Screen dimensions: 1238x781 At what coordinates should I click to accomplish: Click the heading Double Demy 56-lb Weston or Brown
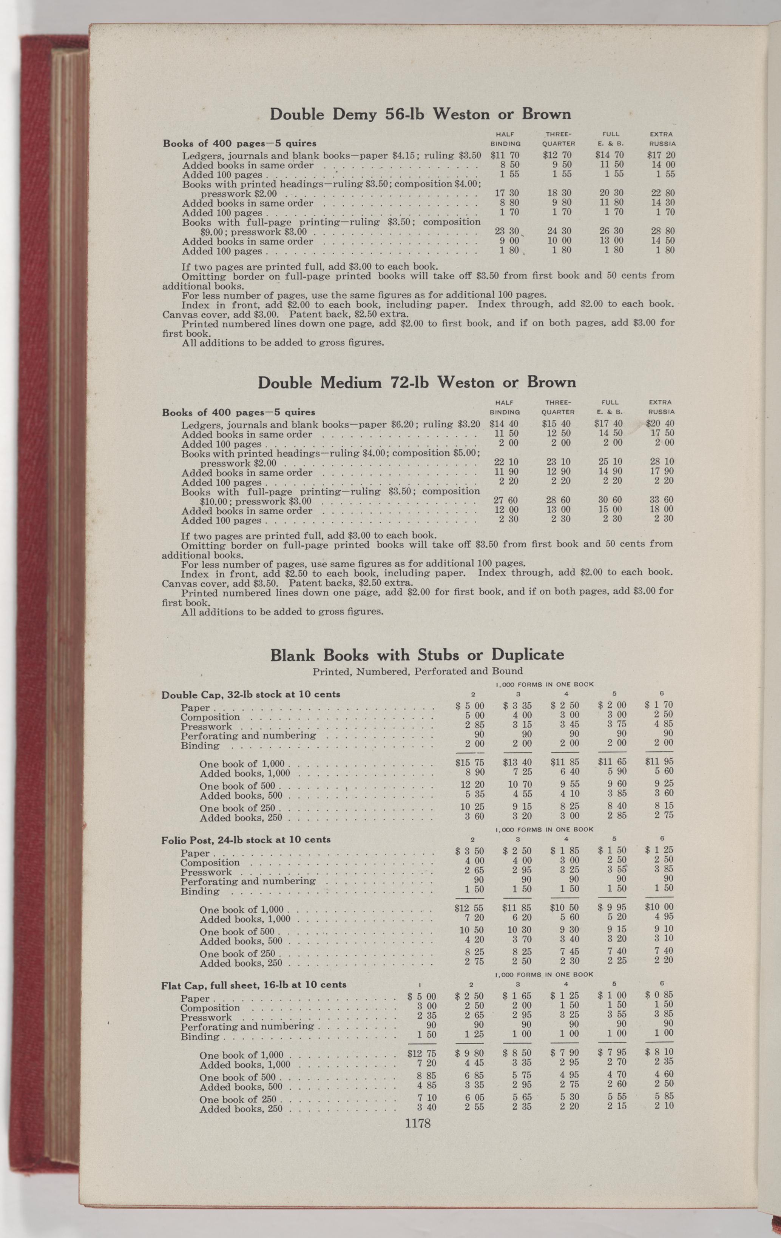point(420,114)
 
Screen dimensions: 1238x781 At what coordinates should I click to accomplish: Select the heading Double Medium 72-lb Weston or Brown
point(416,382)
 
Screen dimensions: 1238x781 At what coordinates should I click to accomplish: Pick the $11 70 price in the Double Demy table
point(505,155)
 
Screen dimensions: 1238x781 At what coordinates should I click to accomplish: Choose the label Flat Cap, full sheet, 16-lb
point(254,985)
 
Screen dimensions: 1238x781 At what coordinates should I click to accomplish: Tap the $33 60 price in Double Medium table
point(662,500)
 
